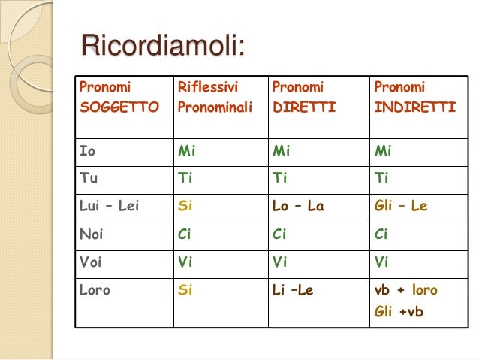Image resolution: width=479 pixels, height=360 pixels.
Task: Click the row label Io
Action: pos(87,150)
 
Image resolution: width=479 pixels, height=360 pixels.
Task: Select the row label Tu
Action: pos(88,178)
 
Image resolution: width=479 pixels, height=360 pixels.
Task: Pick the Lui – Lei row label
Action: pos(110,205)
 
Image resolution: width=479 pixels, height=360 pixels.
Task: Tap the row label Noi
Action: pos(91,234)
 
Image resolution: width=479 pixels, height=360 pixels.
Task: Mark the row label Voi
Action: pos(90,262)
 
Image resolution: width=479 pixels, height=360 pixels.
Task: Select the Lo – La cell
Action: pos(297,205)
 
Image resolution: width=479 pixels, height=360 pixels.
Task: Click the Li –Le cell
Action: pos(292,290)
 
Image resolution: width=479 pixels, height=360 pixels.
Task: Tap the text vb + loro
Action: pos(405,290)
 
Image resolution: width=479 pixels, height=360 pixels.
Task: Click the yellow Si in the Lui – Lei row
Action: pos(185,205)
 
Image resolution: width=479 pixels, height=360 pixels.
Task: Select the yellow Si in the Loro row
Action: pos(185,290)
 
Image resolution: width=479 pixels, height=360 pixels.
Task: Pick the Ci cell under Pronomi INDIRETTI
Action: pos(381,234)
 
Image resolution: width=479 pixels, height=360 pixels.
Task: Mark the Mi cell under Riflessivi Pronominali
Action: pos(186,150)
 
